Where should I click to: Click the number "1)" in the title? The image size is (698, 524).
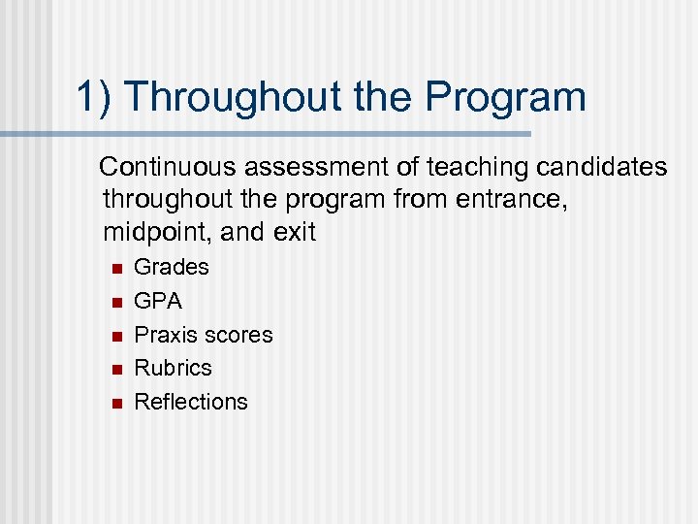coord(94,97)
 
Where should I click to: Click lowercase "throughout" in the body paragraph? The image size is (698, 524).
coord(166,201)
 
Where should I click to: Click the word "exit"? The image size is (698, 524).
coord(296,234)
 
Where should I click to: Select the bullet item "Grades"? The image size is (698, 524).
coord(172,267)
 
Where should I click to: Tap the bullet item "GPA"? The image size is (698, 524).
coord(158,301)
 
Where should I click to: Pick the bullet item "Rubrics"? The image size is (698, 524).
coord(173,368)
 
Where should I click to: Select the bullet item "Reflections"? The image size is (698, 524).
coord(191,402)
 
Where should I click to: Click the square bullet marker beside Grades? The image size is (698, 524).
coord(113,269)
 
